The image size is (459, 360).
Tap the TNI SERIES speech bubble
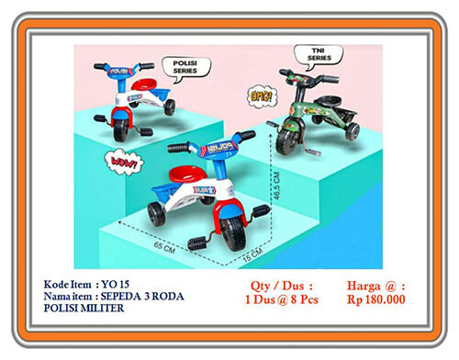click(319, 54)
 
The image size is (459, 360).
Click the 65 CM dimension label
click(164, 246)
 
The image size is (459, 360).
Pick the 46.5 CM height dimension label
click(275, 192)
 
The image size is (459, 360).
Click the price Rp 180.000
click(377, 298)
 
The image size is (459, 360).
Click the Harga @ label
click(377, 285)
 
